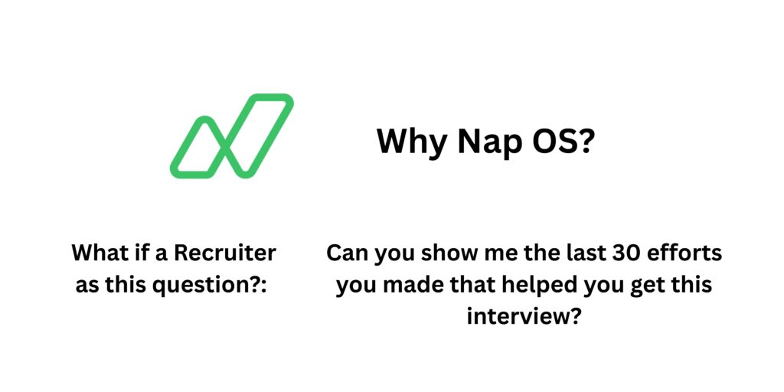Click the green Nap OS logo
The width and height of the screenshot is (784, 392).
[231, 136]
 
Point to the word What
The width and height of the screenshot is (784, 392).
[99, 252]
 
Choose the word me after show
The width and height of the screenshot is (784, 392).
[491, 253]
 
